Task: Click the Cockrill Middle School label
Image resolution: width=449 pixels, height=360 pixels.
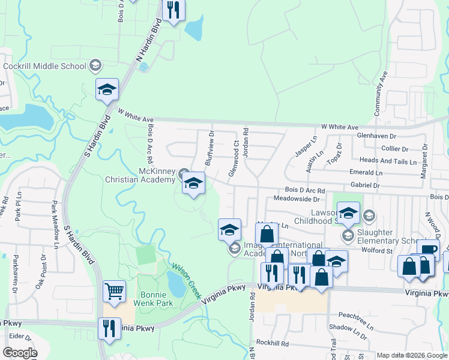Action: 45,65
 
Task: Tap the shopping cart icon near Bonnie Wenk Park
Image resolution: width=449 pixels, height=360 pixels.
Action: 114,292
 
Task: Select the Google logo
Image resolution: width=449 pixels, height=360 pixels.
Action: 19,353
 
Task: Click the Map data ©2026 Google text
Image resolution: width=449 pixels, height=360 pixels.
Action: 412,355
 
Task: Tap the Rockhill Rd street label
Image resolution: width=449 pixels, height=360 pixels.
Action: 272,344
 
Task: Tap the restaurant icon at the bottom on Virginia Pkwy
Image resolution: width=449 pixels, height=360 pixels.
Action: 109,329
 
